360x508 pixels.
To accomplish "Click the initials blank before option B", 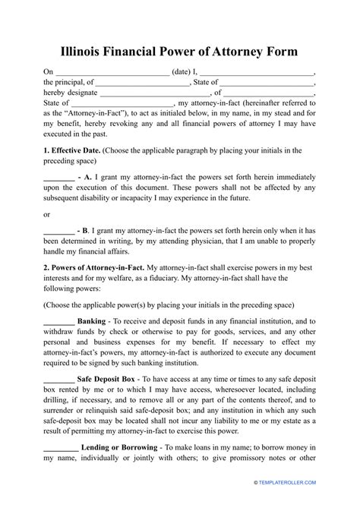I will (58, 229).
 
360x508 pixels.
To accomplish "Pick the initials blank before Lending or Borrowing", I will (58, 450).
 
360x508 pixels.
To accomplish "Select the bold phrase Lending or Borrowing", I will (122, 450).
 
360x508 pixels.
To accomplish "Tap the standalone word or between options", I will (47, 215).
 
